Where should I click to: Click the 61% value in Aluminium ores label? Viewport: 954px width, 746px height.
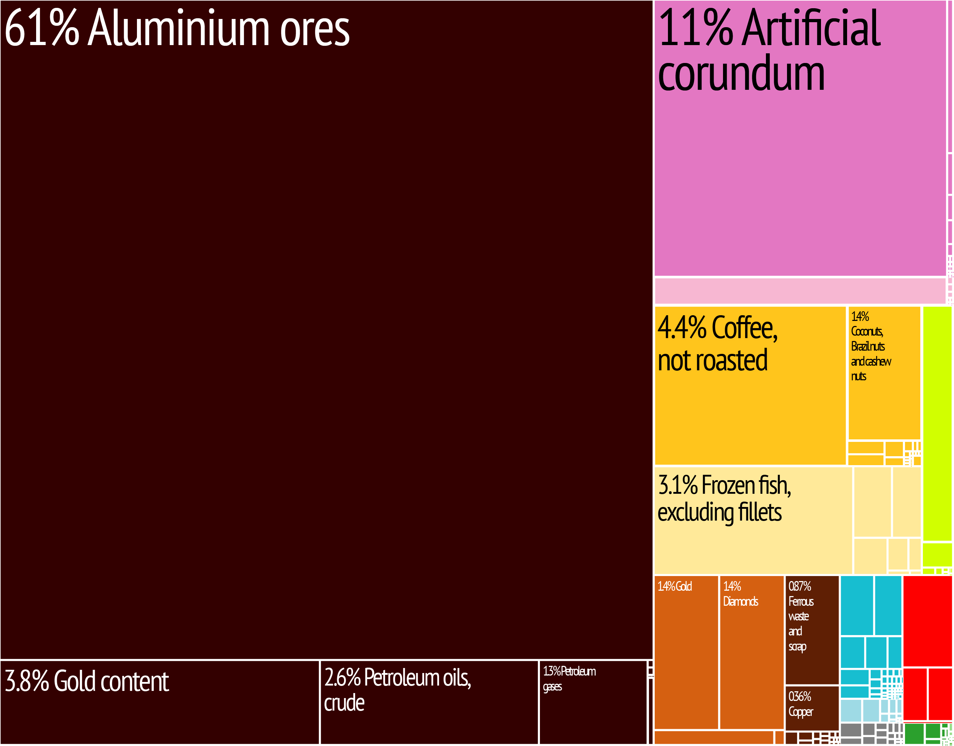click(42, 28)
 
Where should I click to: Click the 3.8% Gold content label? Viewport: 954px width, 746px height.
click(87, 681)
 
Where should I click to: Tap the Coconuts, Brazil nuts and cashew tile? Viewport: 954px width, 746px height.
click(883, 371)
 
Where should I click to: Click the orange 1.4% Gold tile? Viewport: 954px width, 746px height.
click(686, 651)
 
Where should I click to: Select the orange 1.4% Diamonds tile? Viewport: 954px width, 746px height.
click(751, 651)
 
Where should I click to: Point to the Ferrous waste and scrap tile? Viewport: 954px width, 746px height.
click(812, 629)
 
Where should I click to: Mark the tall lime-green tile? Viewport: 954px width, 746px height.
click(937, 424)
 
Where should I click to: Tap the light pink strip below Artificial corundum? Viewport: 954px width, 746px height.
click(800, 291)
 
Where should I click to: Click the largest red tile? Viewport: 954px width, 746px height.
click(927, 620)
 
